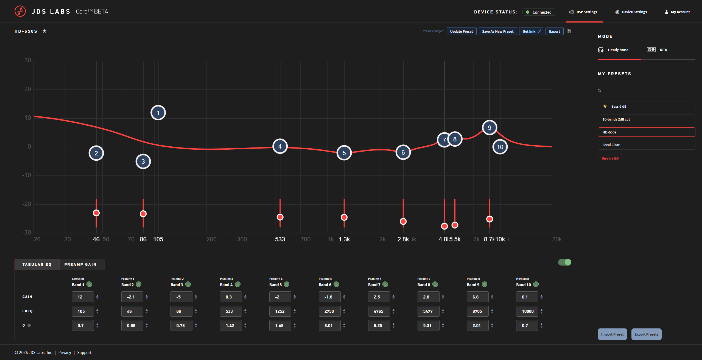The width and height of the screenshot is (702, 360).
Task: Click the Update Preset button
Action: click(461, 31)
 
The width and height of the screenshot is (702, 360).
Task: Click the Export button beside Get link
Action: click(554, 31)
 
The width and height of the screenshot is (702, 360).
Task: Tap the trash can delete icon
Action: click(569, 31)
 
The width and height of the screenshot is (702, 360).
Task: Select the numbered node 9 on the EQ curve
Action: click(489, 128)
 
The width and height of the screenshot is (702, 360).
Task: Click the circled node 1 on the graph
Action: click(158, 113)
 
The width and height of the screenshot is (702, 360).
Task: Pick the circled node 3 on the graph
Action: click(143, 161)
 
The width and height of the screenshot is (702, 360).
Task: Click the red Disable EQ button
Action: click(610, 158)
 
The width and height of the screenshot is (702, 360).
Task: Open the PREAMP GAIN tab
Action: click(80, 264)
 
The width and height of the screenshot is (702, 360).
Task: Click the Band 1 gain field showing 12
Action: click(82, 297)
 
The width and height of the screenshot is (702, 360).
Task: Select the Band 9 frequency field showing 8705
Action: click(477, 311)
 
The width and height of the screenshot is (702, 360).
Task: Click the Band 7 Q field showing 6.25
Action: click(378, 325)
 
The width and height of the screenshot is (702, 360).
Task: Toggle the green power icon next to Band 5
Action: click(286, 284)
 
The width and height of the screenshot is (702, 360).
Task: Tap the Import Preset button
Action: click(612, 334)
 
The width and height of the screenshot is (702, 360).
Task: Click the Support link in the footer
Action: click(84, 353)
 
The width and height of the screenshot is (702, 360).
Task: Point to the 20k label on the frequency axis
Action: click(556, 239)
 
